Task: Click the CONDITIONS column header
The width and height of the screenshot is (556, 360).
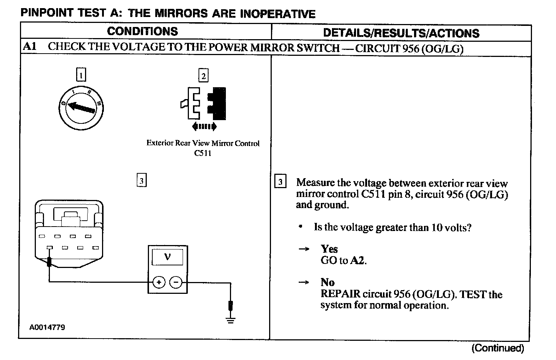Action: [142, 31]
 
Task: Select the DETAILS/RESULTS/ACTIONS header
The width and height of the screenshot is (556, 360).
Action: [401, 33]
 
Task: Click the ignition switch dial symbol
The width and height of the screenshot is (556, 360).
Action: [81, 106]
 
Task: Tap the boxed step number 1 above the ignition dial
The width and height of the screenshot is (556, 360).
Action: [81, 75]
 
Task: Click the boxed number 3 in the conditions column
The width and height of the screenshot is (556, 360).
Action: [142, 181]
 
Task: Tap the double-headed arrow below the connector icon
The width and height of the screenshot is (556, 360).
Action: [204, 127]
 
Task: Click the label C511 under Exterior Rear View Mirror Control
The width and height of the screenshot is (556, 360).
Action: [203, 153]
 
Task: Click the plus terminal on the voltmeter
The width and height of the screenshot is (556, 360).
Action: [159, 283]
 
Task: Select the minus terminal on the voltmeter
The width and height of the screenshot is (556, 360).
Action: [176, 283]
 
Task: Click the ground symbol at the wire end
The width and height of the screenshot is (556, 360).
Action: [231, 320]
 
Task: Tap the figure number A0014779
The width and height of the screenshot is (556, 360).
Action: [47, 327]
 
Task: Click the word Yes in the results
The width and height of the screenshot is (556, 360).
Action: [329, 249]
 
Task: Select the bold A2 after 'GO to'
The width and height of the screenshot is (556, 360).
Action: [357, 261]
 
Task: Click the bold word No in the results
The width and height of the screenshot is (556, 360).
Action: [328, 282]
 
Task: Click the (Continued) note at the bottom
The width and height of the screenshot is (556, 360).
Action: [498, 348]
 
